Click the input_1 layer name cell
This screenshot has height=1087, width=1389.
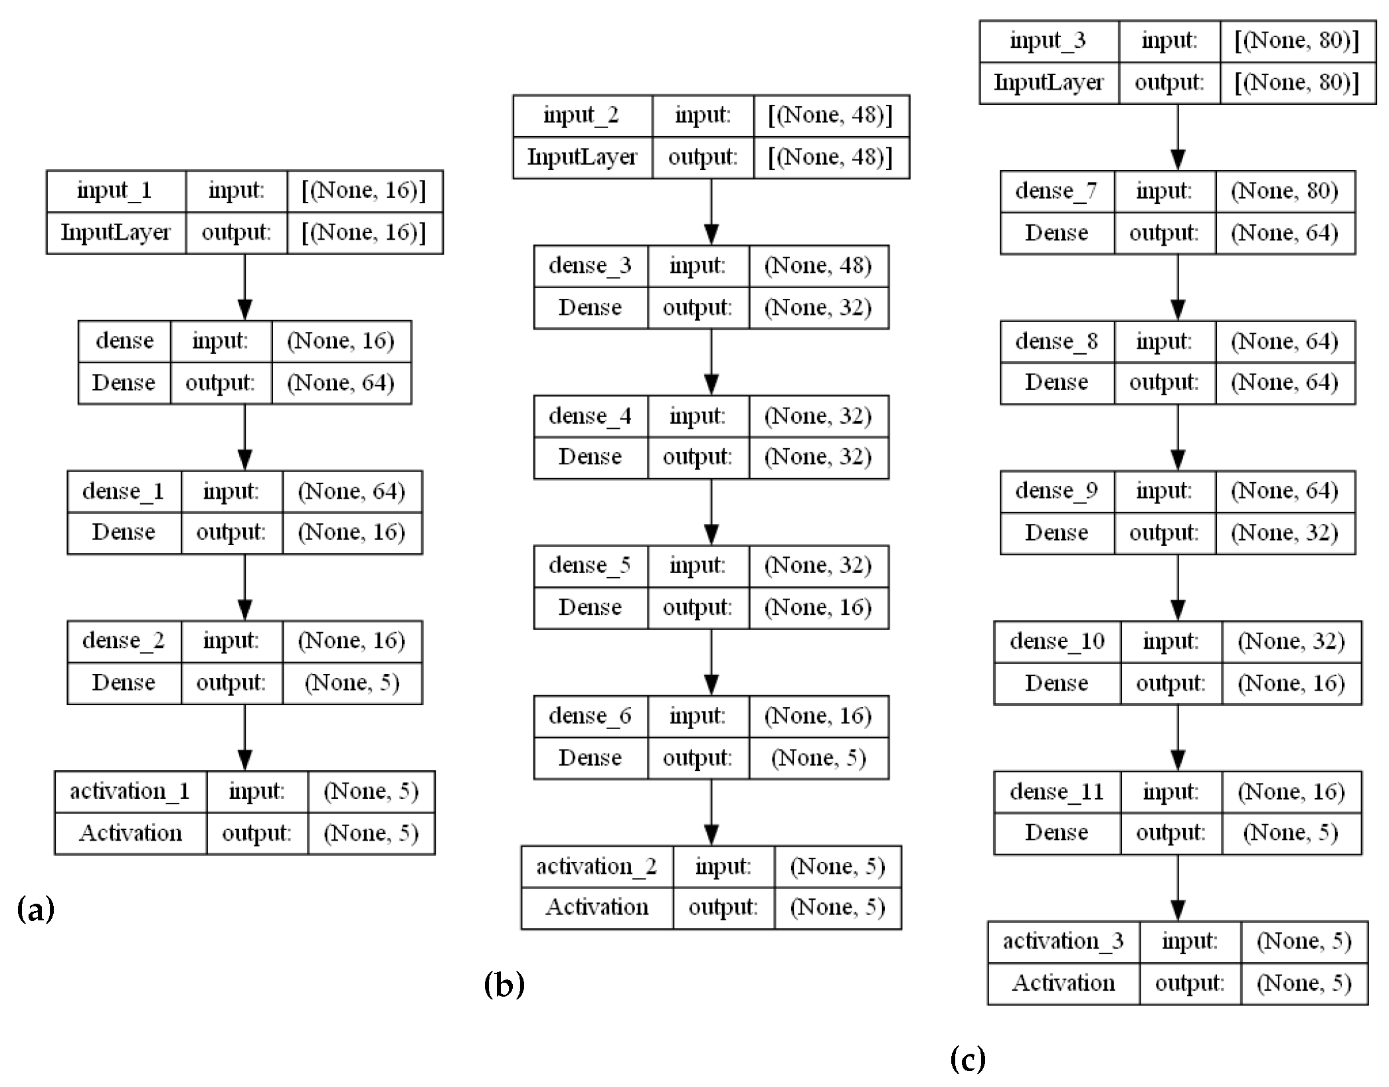point(115,191)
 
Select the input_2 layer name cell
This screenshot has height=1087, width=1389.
point(581,116)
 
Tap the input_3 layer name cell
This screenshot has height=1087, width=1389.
point(1048,41)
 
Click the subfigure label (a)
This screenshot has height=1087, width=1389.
point(35,908)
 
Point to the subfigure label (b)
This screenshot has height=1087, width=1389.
point(504,983)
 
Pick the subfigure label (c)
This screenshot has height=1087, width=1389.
point(968,1058)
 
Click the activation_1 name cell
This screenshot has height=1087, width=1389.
point(130,792)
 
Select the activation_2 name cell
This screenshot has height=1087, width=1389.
point(597,867)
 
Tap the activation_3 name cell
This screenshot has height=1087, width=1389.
point(1063,942)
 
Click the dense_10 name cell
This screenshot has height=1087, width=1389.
point(1057,641)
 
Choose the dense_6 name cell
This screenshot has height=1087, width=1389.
point(590,716)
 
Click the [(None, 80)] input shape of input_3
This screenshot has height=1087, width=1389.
point(1297,41)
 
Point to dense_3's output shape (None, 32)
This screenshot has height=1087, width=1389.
point(818,308)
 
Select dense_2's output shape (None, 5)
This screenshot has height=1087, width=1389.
point(351,683)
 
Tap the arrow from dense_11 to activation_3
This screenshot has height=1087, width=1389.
point(1178,888)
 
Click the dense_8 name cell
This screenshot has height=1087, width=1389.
point(1056,342)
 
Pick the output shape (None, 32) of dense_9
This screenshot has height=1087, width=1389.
point(1284,533)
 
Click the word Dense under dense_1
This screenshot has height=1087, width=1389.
point(124,533)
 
